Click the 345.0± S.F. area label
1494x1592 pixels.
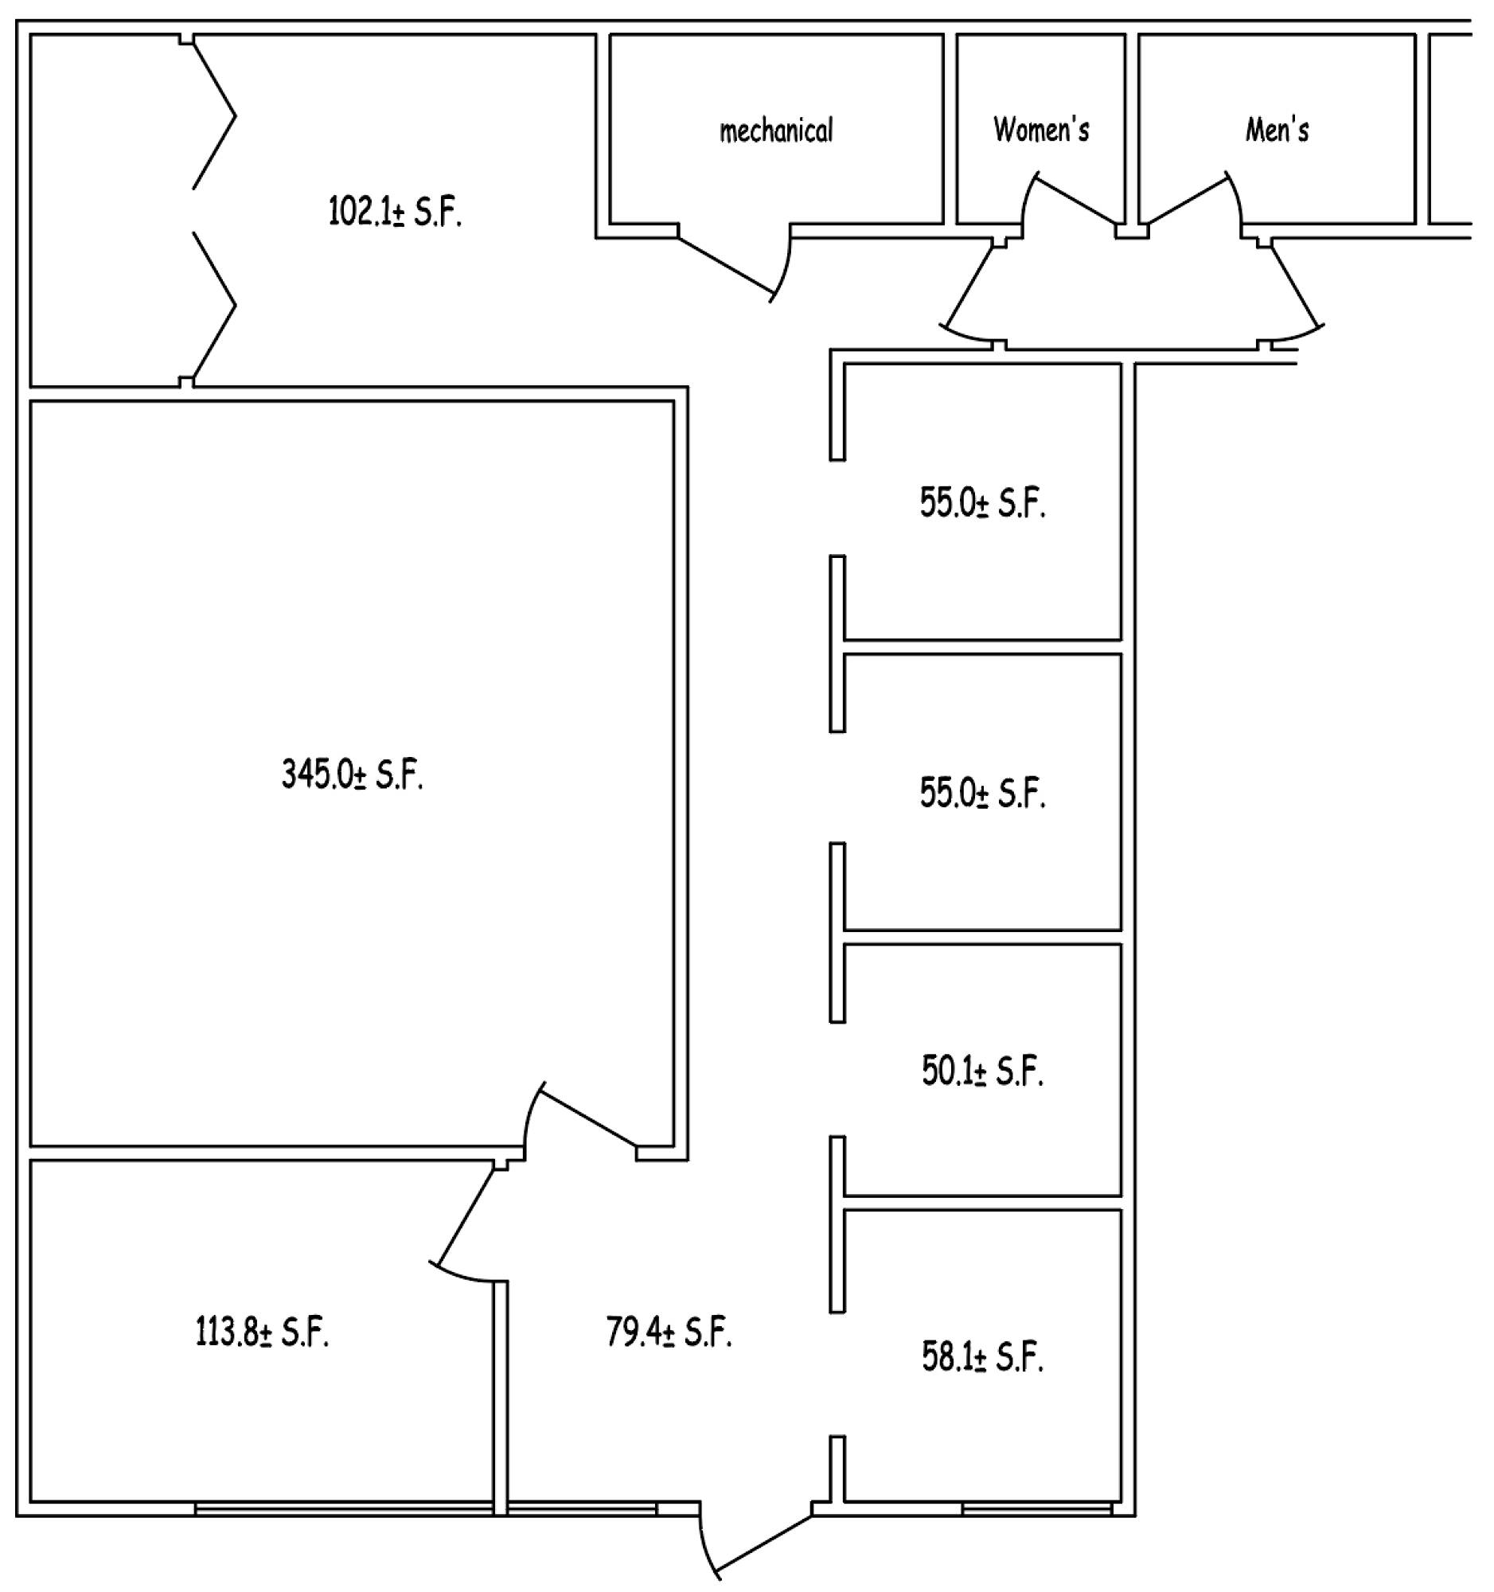pos(353,775)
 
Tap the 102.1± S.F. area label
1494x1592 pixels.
pos(396,213)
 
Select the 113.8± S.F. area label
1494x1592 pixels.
pos(263,1333)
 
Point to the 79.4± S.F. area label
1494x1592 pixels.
pos(669,1333)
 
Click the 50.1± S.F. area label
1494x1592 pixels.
pos(983,1071)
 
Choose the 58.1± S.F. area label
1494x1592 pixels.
pos(983,1356)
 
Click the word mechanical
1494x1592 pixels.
pos(776,130)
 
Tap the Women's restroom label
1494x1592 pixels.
pos(1041,128)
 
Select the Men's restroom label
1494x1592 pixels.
pos(1277,128)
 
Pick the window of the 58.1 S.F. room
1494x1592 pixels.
pos(1037,1509)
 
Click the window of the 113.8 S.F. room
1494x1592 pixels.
pos(344,1509)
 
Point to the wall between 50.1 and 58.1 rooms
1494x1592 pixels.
pos(982,1202)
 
